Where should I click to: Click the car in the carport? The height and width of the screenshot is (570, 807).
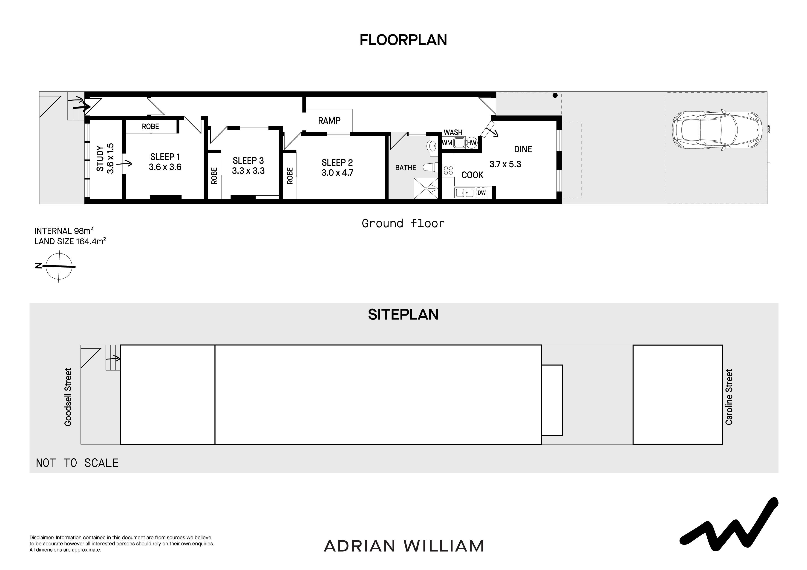click(x=717, y=130)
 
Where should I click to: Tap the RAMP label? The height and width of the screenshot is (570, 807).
click(x=329, y=121)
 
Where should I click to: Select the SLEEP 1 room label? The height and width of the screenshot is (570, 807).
click(x=165, y=157)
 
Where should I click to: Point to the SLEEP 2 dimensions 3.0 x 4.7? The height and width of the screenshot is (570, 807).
click(x=337, y=173)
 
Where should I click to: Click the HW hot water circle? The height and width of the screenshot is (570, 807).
click(x=471, y=143)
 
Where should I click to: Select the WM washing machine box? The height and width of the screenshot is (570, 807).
click(x=447, y=143)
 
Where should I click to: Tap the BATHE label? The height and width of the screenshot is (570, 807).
click(x=406, y=168)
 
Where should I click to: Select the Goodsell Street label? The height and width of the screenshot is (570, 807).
click(x=68, y=397)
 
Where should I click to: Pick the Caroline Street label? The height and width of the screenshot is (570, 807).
click(x=729, y=397)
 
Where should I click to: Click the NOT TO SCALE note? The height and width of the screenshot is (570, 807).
click(x=77, y=463)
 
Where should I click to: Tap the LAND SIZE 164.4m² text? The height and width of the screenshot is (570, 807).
click(x=70, y=241)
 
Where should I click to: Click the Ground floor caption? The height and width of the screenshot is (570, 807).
click(x=403, y=223)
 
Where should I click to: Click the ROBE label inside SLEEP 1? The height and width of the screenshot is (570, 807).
click(x=150, y=126)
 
